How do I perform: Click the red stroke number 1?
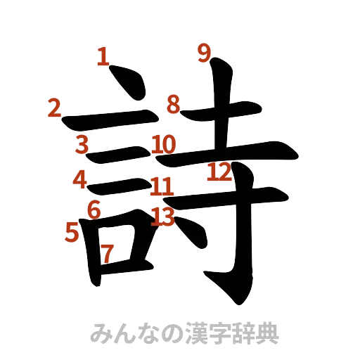pyautogui.click(x=103, y=56)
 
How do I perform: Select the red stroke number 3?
pyautogui.click(x=82, y=144)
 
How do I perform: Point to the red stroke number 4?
pyautogui.click(x=80, y=179)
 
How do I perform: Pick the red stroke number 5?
pyautogui.click(x=71, y=231)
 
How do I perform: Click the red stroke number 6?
pyautogui.click(x=94, y=209)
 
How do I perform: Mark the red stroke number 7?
pyautogui.click(x=107, y=252)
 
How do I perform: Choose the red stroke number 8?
pyautogui.click(x=173, y=105)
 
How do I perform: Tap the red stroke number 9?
pyautogui.click(x=204, y=53)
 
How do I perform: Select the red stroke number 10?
pyautogui.click(x=163, y=144)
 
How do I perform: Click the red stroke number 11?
pyautogui.click(x=162, y=187)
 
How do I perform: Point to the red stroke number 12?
pyautogui.click(x=219, y=171)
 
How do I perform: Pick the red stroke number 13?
pyautogui.click(x=162, y=216)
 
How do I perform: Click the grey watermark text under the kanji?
pyautogui.click(x=184, y=332)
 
